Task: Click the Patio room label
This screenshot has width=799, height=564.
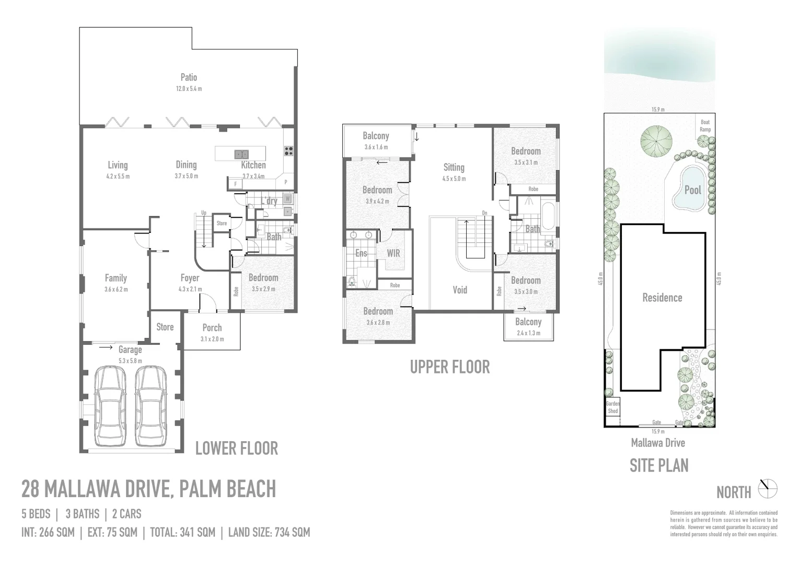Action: [189, 77]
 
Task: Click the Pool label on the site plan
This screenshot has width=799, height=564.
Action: [692, 190]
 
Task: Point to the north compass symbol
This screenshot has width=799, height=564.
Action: [768, 489]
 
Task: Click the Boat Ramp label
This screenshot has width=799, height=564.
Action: [705, 126]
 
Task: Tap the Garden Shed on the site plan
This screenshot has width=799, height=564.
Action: [612, 407]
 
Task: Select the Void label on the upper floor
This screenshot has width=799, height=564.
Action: [459, 290]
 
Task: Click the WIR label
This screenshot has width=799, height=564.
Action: [393, 253]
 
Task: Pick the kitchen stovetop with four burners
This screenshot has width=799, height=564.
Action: [288, 151]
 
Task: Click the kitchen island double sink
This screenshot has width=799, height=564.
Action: [241, 154]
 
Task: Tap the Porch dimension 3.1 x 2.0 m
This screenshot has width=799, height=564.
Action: [212, 339]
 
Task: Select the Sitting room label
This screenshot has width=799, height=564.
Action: [454, 167]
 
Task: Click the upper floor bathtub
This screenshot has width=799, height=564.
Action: [548, 216]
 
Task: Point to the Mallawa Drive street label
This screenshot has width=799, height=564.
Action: [657, 443]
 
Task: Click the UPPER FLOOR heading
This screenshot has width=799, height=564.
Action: [450, 367]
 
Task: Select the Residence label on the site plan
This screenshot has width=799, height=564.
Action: [662, 298]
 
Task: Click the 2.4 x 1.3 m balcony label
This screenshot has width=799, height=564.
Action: [528, 333]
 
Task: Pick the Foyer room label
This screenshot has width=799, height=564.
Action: [190, 278]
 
